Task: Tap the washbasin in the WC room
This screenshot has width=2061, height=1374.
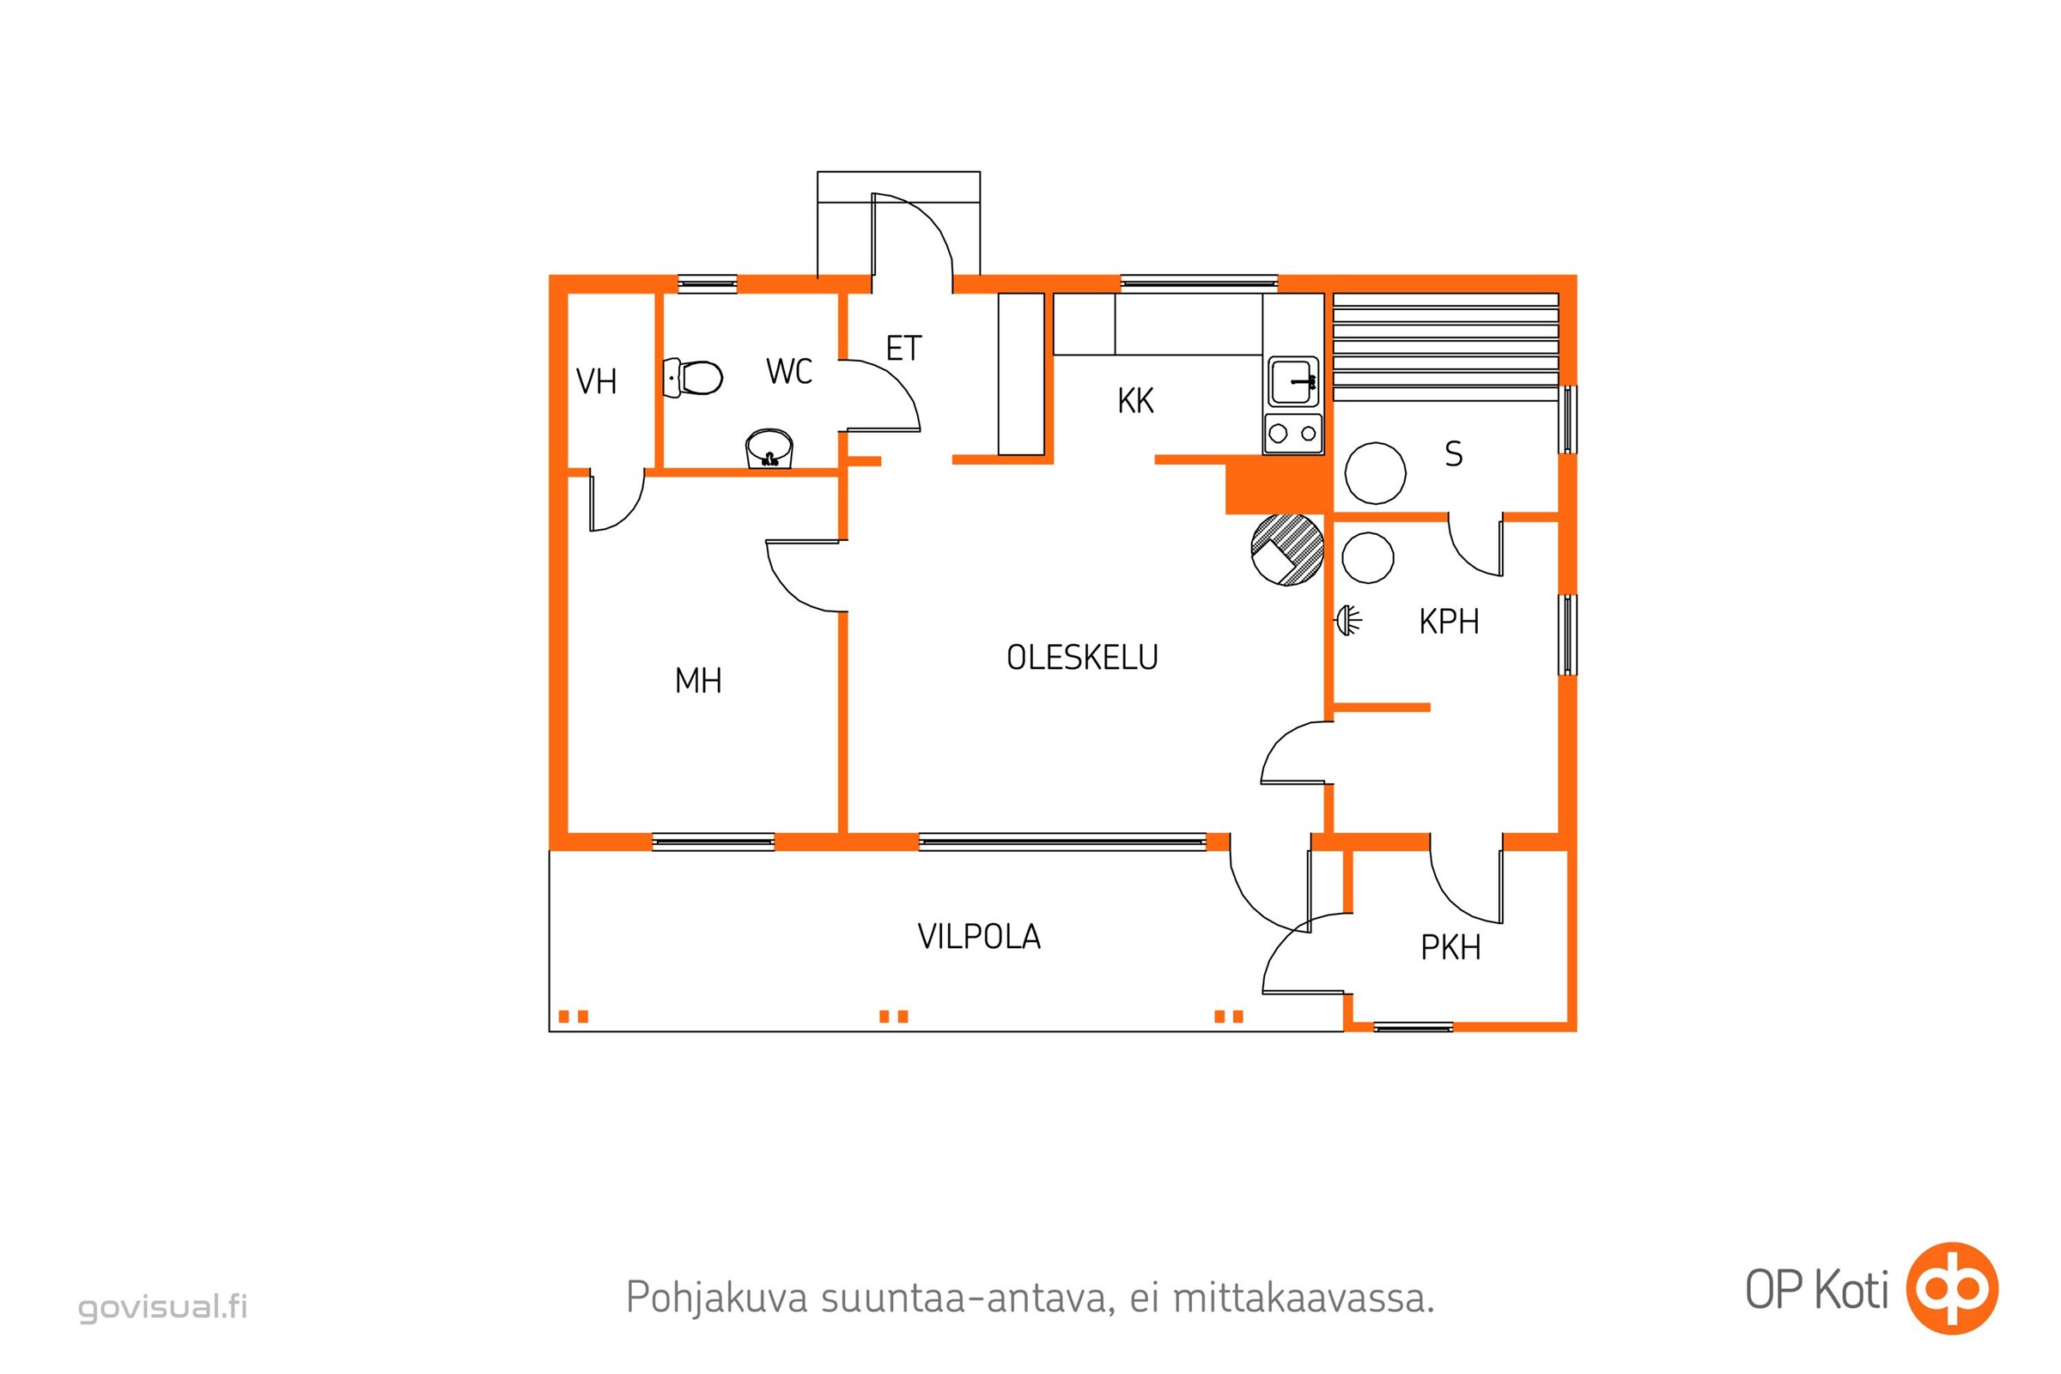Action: (x=769, y=449)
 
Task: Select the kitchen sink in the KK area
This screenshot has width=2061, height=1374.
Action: (x=1292, y=381)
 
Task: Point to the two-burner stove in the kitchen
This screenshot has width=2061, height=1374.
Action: (x=1292, y=433)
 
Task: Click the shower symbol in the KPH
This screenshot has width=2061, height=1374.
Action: (x=1348, y=620)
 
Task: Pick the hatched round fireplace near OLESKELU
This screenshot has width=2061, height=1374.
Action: (x=1286, y=550)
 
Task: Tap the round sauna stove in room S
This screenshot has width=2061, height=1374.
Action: (x=1375, y=473)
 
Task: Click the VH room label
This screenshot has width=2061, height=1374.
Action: (x=597, y=382)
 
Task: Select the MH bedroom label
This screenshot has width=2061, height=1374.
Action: (x=698, y=681)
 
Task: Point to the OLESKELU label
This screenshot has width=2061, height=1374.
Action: (x=1082, y=657)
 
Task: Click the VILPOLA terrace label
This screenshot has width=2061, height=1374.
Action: (x=979, y=938)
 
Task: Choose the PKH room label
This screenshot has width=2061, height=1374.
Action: (x=1450, y=948)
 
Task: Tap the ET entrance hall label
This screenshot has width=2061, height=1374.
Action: (x=903, y=349)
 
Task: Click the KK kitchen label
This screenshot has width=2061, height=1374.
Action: (x=1135, y=401)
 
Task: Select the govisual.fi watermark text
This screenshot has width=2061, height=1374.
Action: (x=163, y=1306)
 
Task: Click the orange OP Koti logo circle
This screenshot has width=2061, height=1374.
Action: (x=1952, y=1288)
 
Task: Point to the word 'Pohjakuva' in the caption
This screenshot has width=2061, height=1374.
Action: (x=716, y=1298)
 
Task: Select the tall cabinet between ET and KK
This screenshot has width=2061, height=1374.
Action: (x=1021, y=374)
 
